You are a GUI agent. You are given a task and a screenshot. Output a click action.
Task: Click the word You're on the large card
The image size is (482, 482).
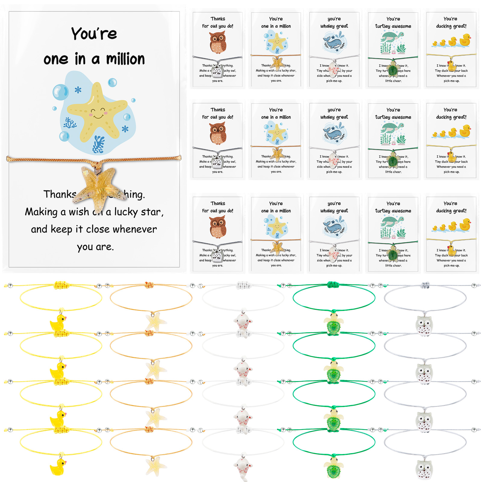(x=94, y=33)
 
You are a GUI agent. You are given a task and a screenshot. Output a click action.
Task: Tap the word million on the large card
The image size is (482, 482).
(x=126, y=59)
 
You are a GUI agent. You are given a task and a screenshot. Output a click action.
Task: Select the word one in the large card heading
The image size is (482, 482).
(x=56, y=59)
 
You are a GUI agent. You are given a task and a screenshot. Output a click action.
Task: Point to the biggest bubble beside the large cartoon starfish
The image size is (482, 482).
(x=61, y=92)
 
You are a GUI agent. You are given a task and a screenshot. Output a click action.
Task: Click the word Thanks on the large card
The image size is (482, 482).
(x=60, y=194)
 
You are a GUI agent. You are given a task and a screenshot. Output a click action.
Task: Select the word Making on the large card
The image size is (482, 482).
(x=41, y=212)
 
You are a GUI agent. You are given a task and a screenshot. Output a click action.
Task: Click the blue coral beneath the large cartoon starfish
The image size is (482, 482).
(x=99, y=144)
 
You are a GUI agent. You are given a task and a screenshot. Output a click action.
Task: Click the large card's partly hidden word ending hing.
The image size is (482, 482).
(x=134, y=195)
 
